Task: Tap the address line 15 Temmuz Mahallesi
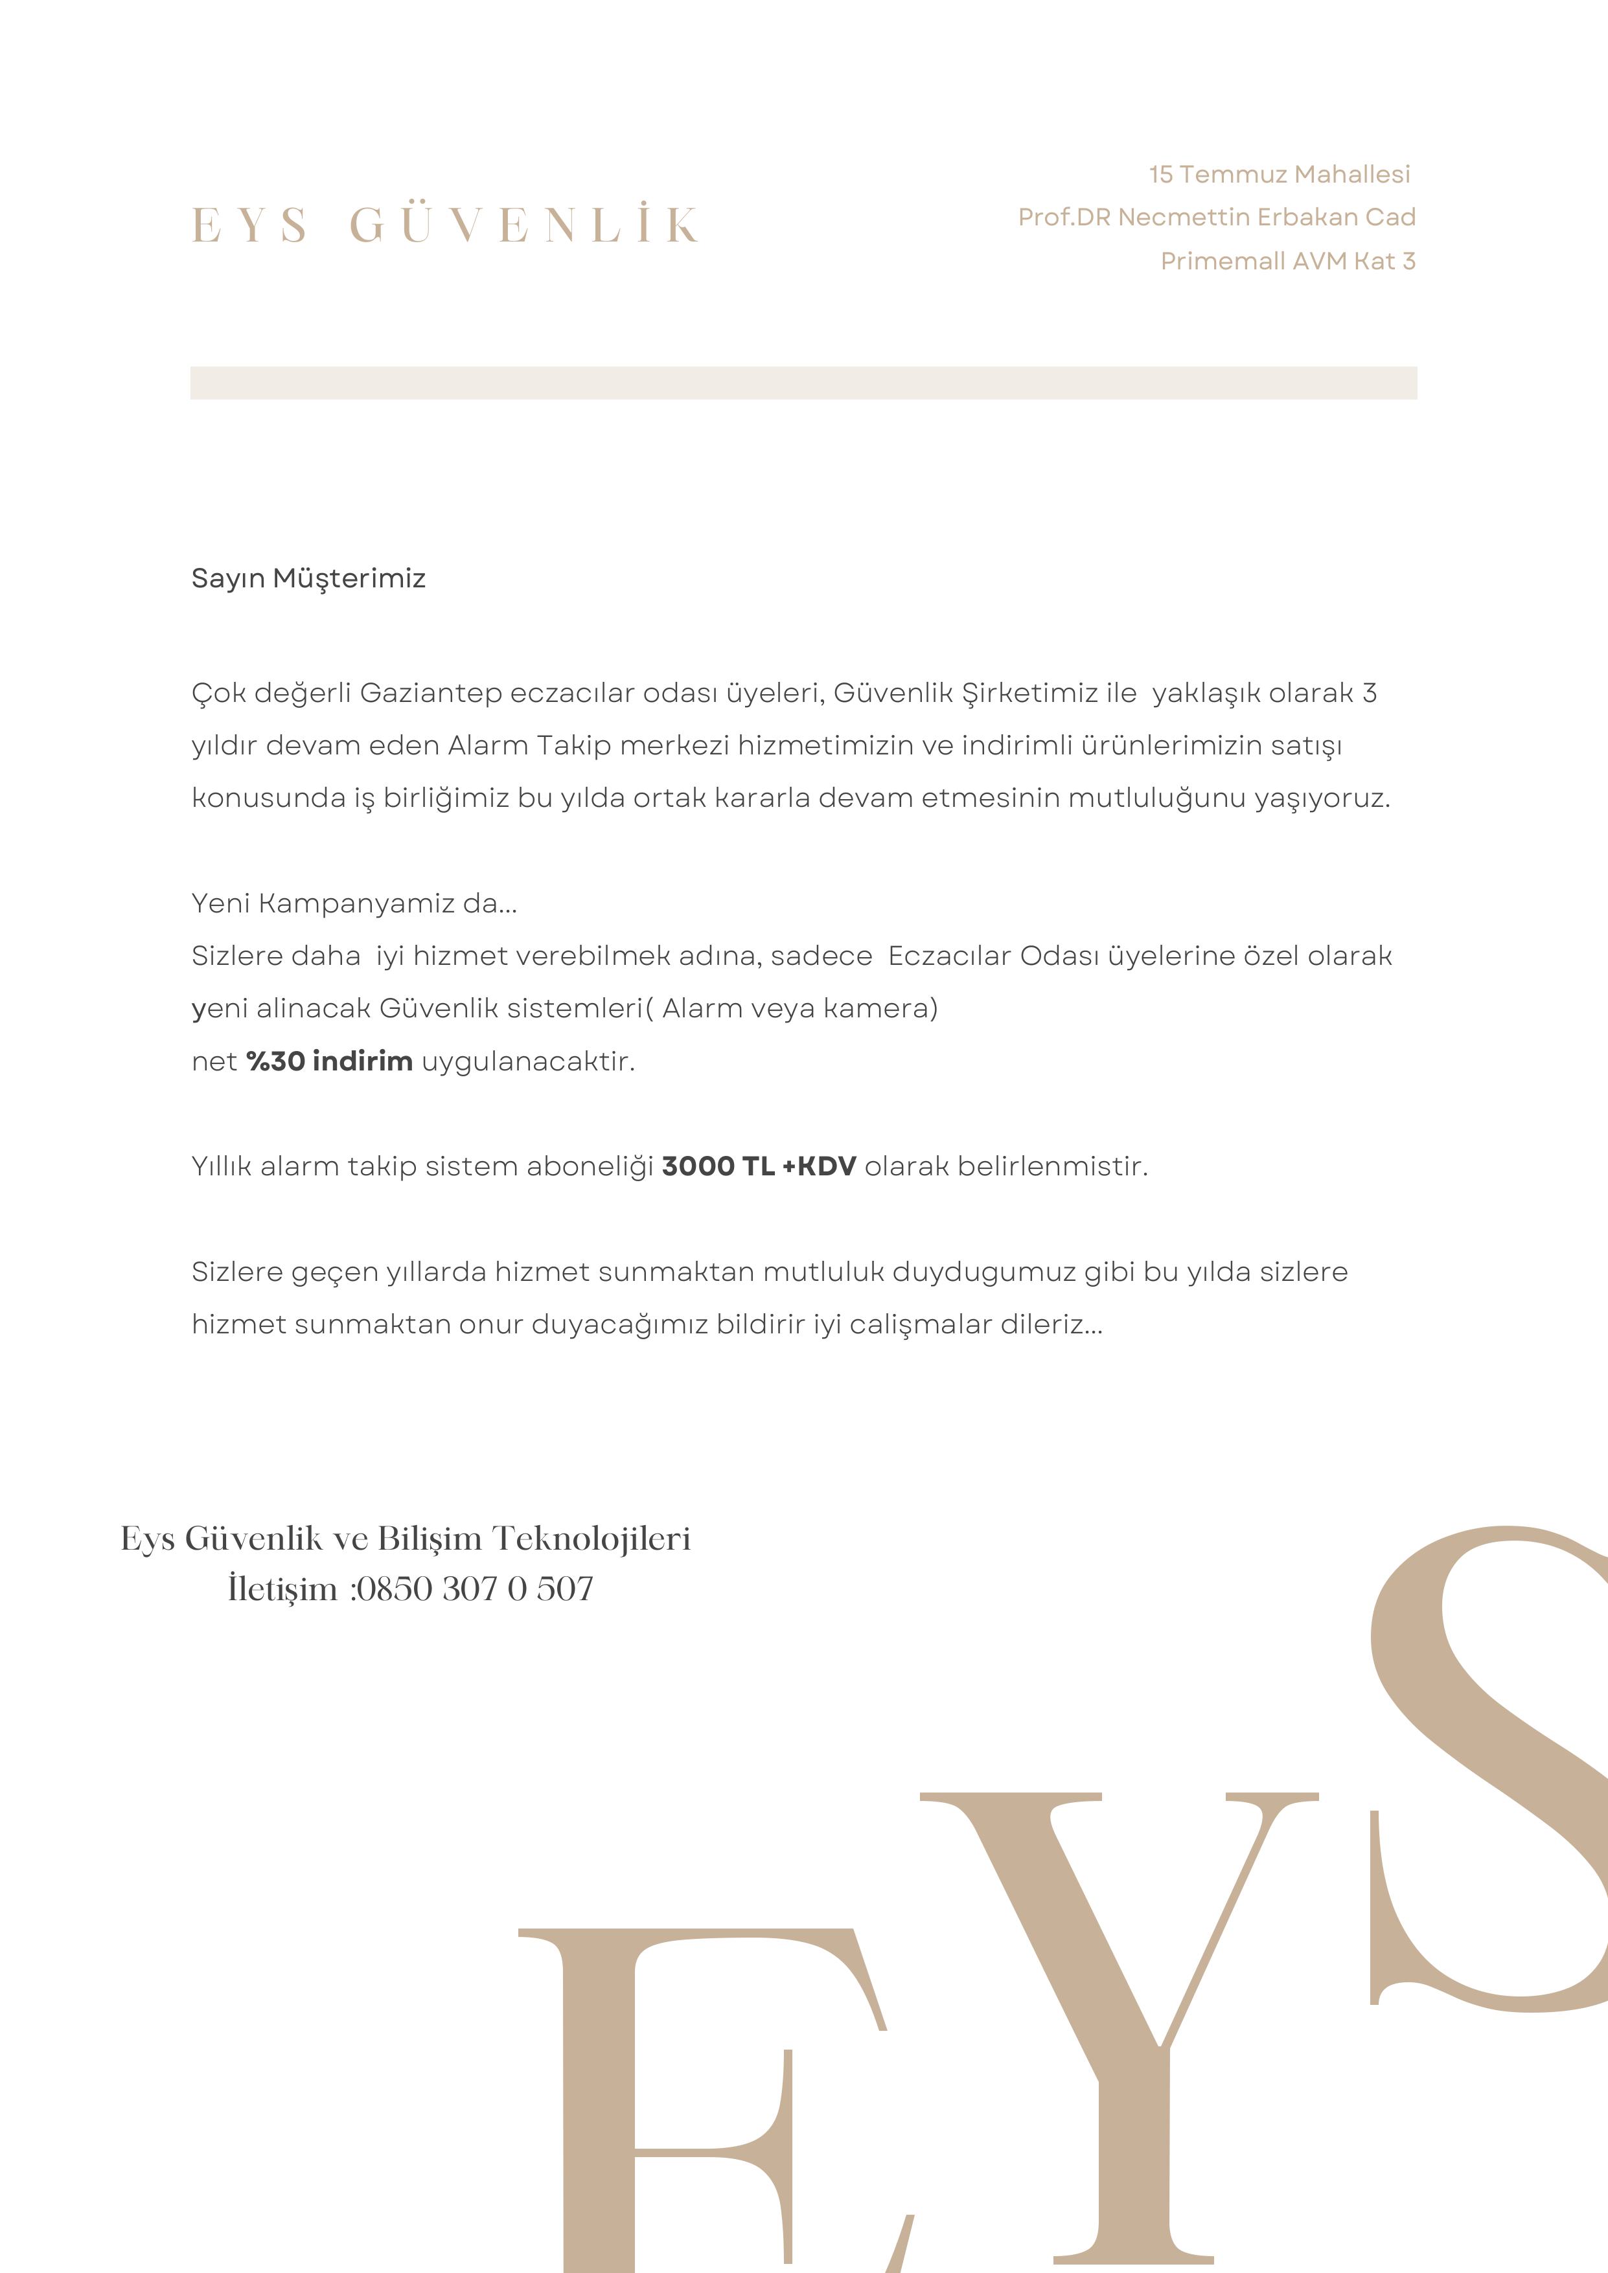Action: pyautogui.click(x=1280, y=174)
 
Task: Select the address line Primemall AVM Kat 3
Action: pyautogui.click(x=1287, y=262)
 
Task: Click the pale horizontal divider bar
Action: pyautogui.click(x=803, y=383)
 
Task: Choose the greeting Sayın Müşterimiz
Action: pyautogui.click(x=308, y=578)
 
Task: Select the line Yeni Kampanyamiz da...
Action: pyautogui.click(x=354, y=903)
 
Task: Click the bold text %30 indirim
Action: pyautogui.click(x=330, y=1061)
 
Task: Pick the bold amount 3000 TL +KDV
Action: pyautogui.click(x=759, y=1166)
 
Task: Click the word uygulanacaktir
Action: pyautogui.click(x=528, y=1062)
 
